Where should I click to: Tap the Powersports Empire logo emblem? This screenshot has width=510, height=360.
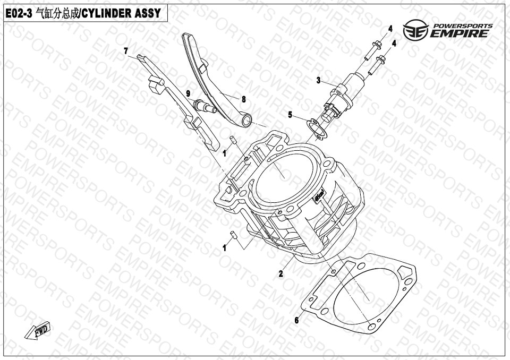click(x=415, y=30)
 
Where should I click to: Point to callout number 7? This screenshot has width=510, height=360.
click(x=126, y=51)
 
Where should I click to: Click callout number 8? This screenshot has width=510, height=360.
click(x=244, y=99)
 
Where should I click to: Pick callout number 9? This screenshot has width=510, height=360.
click(x=188, y=93)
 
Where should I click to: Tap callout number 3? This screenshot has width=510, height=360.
click(x=318, y=80)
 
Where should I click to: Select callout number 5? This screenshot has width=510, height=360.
click(x=290, y=115)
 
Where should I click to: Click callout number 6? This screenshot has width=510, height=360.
click(x=296, y=320)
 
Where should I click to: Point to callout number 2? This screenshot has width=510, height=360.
click(x=280, y=274)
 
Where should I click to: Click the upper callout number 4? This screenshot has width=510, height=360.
click(x=390, y=29)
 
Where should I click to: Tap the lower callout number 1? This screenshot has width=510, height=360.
click(x=224, y=248)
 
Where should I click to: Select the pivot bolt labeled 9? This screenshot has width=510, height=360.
click(x=205, y=107)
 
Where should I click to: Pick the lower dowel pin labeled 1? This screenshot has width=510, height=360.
click(x=233, y=235)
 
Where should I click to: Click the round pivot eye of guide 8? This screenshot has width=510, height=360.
click(x=246, y=122)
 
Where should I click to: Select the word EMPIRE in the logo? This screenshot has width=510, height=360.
click(x=459, y=33)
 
